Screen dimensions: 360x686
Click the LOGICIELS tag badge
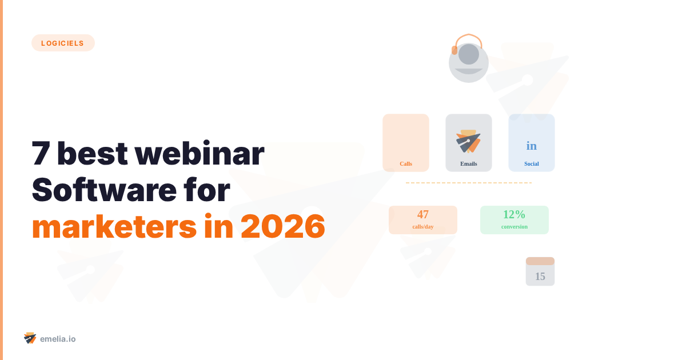click(63, 43)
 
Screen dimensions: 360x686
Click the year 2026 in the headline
click(283, 227)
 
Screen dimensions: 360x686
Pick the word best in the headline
click(91, 154)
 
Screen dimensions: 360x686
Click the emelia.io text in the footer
click(58, 339)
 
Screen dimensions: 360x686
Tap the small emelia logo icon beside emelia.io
click(30, 338)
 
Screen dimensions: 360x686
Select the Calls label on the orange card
click(406, 164)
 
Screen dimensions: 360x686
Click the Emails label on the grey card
click(469, 164)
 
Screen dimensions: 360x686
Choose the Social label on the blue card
click(532, 164)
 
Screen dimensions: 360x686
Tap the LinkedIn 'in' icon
click(532, 146)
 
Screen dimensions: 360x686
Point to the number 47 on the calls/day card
click(423, 215)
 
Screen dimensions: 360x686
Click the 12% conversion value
click(514, 215)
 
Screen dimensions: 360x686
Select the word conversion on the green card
click(514, 227)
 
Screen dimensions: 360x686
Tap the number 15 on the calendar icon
click(540, 277)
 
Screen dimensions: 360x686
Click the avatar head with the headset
click(469, 60)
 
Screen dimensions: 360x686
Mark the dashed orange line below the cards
click(469, 183)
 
